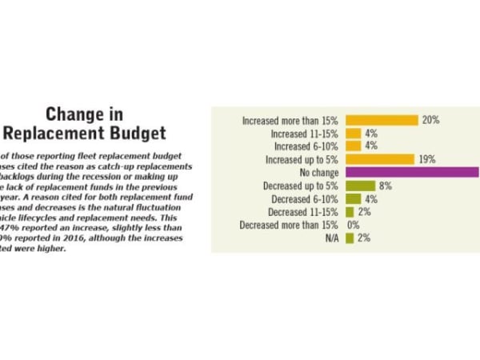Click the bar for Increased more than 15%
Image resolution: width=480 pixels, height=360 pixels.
pos(382,120)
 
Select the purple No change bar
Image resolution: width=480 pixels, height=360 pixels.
pos(411,172)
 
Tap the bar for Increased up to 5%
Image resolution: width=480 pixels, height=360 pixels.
pos(379,159)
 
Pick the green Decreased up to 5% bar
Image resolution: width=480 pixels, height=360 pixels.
pos(360,186)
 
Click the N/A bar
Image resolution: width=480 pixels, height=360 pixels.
pos(350,238)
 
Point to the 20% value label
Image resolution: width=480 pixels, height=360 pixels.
pos(431,120)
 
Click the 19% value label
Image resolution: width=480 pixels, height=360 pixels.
pos(426,159)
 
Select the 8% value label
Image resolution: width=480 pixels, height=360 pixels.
pos(385,186)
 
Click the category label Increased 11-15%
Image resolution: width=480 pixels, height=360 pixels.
pos(306,134)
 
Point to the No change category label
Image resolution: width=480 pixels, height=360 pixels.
pos(319,173)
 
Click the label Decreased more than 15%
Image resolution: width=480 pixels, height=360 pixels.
pos(290,225)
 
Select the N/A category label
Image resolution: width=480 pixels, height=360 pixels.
pos(331,238)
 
